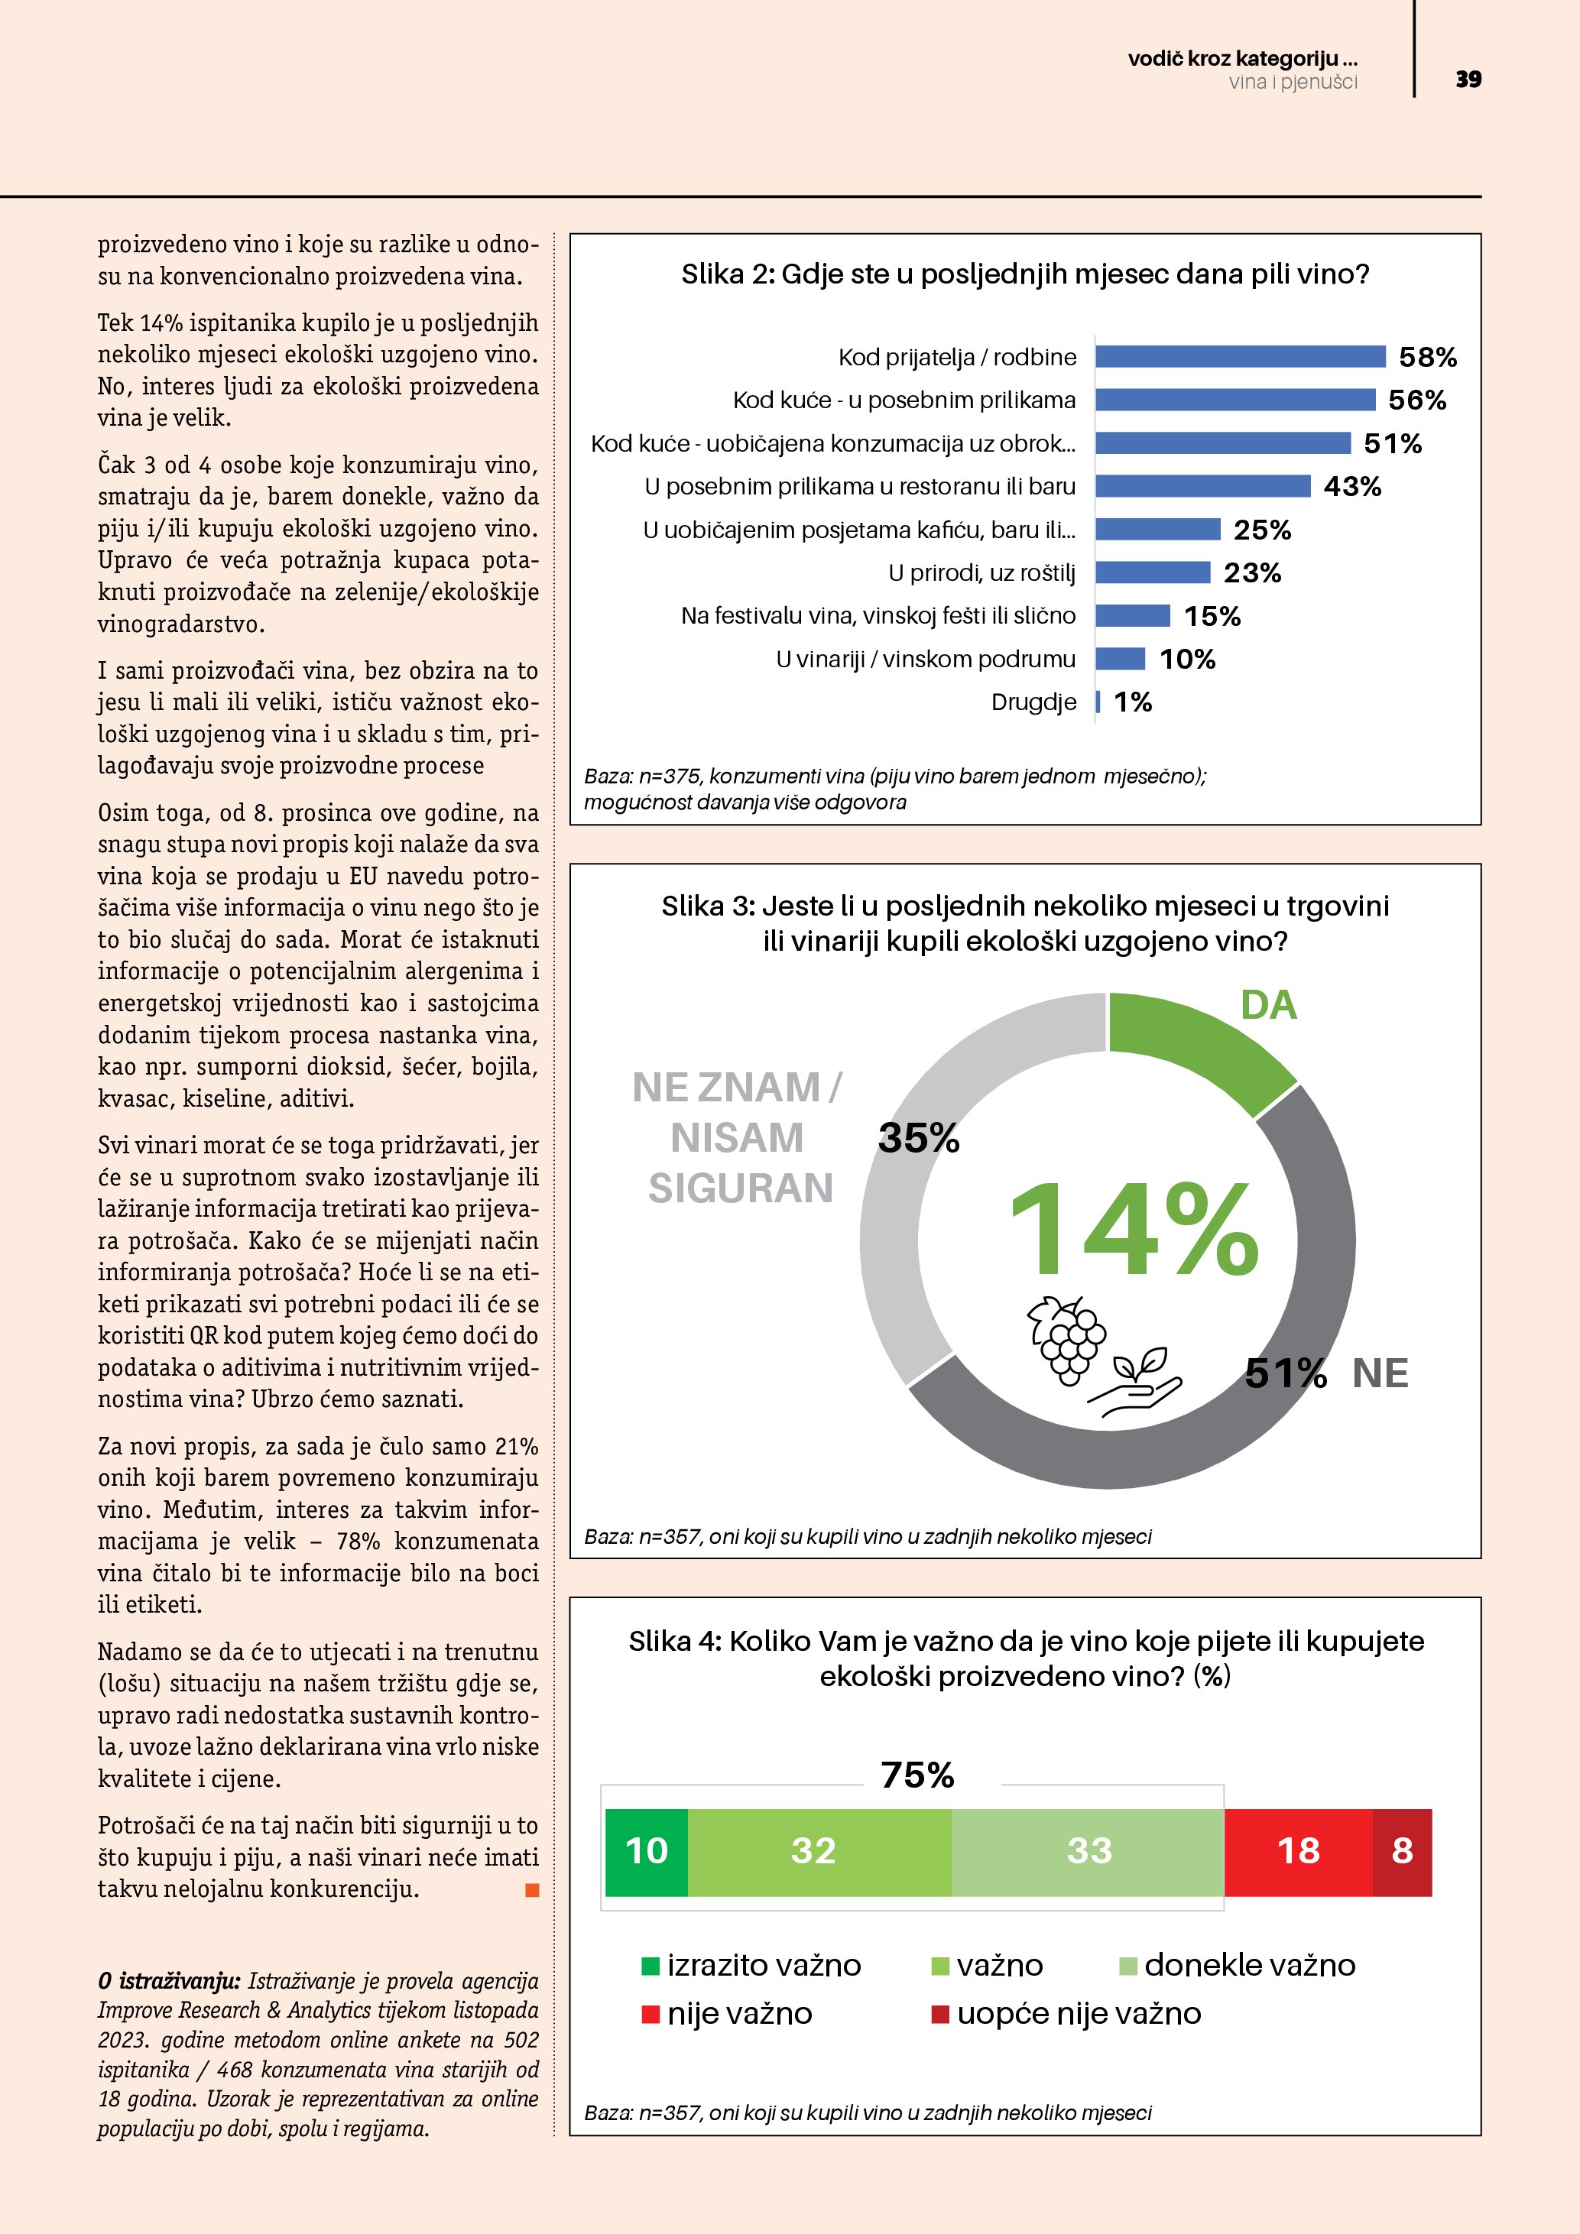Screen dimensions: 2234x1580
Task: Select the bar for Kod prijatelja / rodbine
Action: tap(1240, 357)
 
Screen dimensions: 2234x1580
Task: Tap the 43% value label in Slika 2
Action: tap(1352, 487)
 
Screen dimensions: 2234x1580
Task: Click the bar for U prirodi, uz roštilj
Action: tap(1153, 573)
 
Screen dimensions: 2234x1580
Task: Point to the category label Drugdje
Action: tap(1033, 702)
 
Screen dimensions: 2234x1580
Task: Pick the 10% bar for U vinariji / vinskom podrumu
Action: tap(1121, 660)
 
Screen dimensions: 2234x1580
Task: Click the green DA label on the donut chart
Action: tap(1269, 1006)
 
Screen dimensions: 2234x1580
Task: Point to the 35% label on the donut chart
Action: tap(919, 1139)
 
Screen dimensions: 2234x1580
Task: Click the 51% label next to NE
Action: tap(1285, 1374)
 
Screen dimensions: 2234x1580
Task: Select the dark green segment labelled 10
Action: tap(646, 1852)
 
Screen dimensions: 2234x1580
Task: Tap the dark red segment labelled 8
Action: tap(1402, 1852)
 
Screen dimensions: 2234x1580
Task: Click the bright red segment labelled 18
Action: tap(1298, 1852)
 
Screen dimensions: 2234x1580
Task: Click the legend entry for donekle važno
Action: tap(1238, 1966)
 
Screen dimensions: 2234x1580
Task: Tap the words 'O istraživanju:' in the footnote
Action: tap(168, 1981)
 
